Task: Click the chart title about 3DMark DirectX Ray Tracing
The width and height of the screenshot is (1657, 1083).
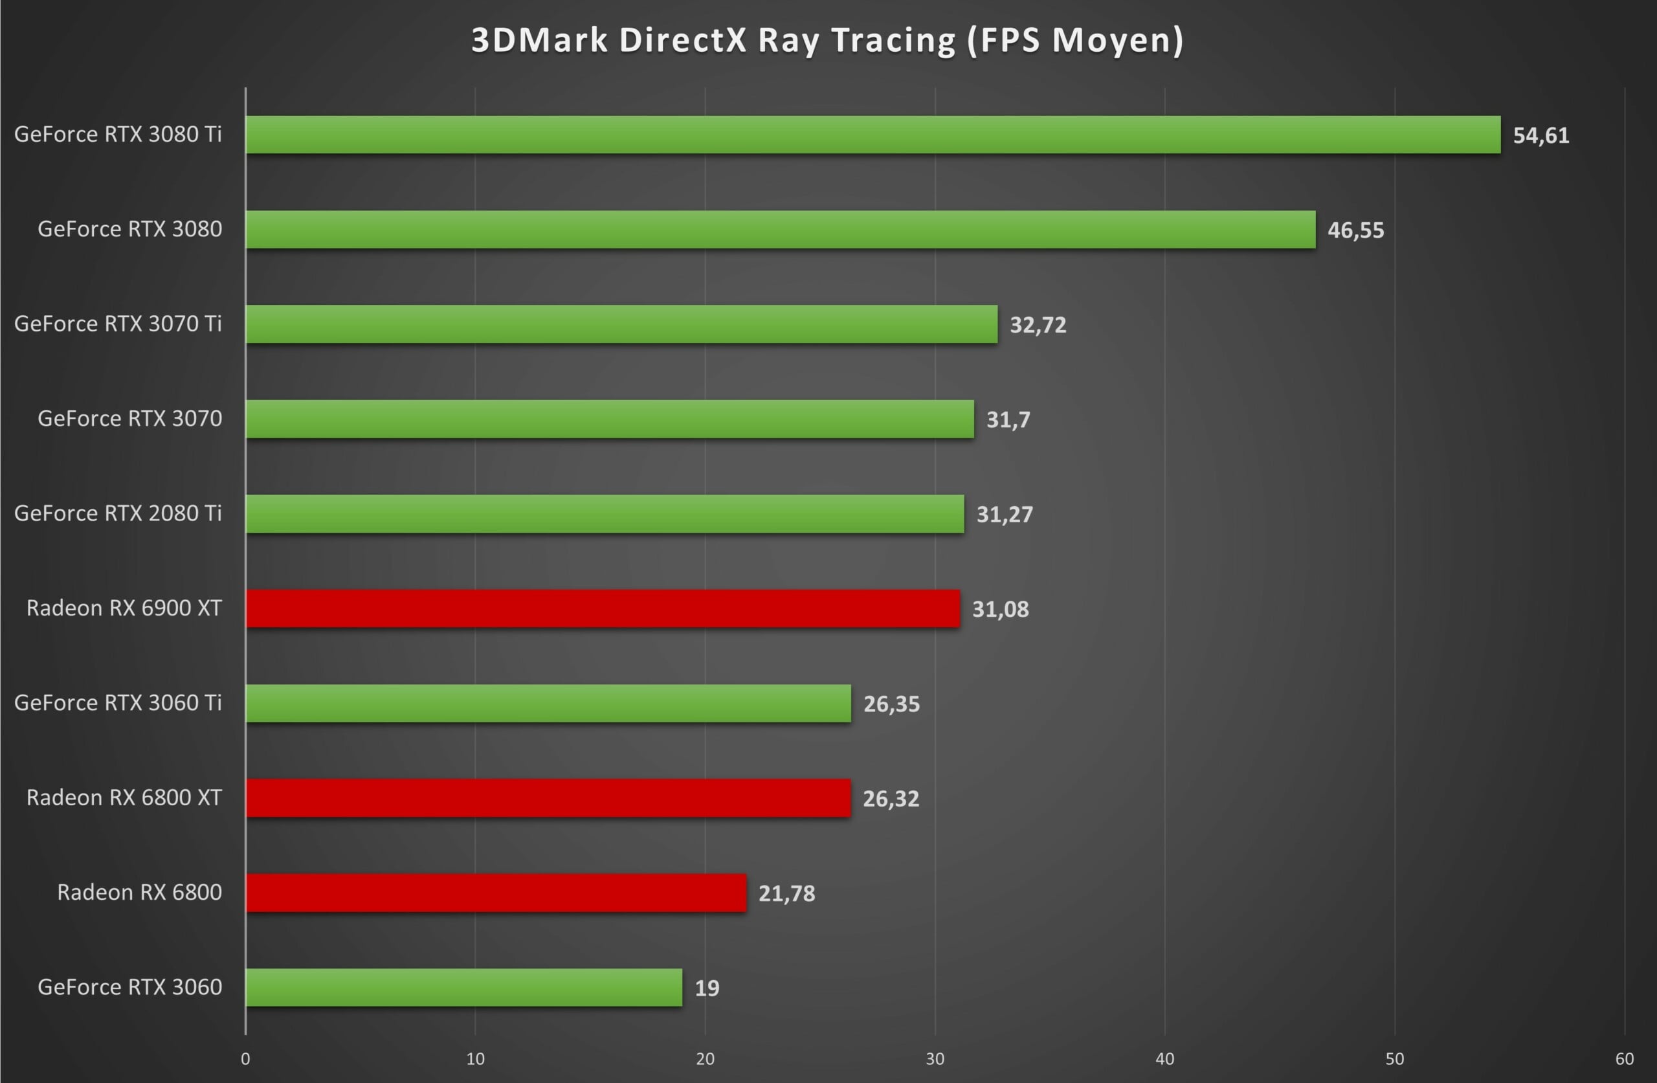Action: point(827,39)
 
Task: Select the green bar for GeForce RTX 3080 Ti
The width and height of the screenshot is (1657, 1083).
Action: point(873,135)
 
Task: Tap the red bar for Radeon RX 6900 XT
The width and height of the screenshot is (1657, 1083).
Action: point(602,608)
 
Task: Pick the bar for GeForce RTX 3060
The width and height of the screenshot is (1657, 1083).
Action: point(463,987)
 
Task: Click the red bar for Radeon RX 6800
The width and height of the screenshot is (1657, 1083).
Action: point(496,892)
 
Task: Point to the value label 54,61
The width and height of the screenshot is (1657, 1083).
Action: point(1540,135)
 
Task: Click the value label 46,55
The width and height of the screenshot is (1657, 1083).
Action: point(1355,230)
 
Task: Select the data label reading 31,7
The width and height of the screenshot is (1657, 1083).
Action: point(1007,419)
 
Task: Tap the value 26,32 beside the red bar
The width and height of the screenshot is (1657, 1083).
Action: point(891,798)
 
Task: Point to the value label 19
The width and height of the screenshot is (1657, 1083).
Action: point(707,988)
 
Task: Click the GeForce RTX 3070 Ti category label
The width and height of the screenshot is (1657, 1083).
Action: point(118,324)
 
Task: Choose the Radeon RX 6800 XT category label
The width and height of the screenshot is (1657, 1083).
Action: point(124,798)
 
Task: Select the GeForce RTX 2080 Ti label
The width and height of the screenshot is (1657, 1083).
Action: point(118,513)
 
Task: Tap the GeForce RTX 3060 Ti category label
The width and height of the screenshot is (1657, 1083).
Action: point(118,703)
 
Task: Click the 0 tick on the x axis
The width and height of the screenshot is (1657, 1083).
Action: point(245,1058)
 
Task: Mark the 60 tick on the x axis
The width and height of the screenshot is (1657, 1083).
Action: point(1624,1058)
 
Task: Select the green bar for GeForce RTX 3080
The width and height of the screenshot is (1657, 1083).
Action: point(781,229)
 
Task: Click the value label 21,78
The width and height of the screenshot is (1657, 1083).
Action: point(786,893)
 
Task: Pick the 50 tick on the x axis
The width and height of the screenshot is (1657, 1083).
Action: point(1394,1058)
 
